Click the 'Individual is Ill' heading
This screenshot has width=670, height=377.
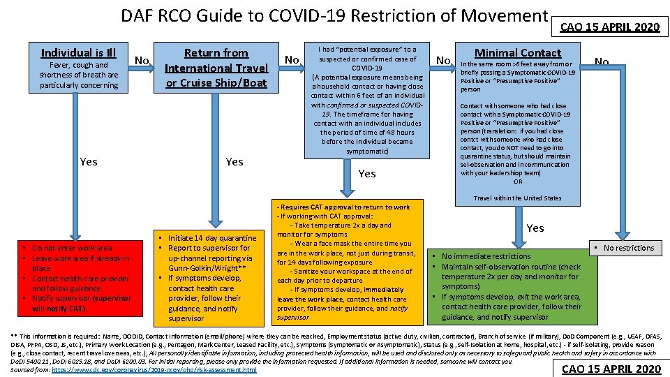pos(78,53)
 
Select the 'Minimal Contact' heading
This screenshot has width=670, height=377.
pos(517,53)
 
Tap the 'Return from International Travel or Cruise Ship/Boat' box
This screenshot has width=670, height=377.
pos(216,68)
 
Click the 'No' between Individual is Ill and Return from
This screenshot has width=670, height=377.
pos(142,60)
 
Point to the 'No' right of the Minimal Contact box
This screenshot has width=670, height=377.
pos(601,62)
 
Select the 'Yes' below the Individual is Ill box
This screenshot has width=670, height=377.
pos(89,162)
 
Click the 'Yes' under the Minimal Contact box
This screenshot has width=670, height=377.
pos(535,228)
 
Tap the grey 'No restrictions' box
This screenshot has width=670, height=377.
pos(624,248)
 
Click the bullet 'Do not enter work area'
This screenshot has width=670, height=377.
pos(72,248)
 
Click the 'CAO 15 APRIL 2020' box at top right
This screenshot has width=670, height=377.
pos(610,27)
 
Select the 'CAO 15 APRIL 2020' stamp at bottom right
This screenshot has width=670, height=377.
pos(611,369)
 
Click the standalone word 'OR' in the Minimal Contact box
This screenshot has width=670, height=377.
pos(517,182)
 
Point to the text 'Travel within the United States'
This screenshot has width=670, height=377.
pos(517,198)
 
